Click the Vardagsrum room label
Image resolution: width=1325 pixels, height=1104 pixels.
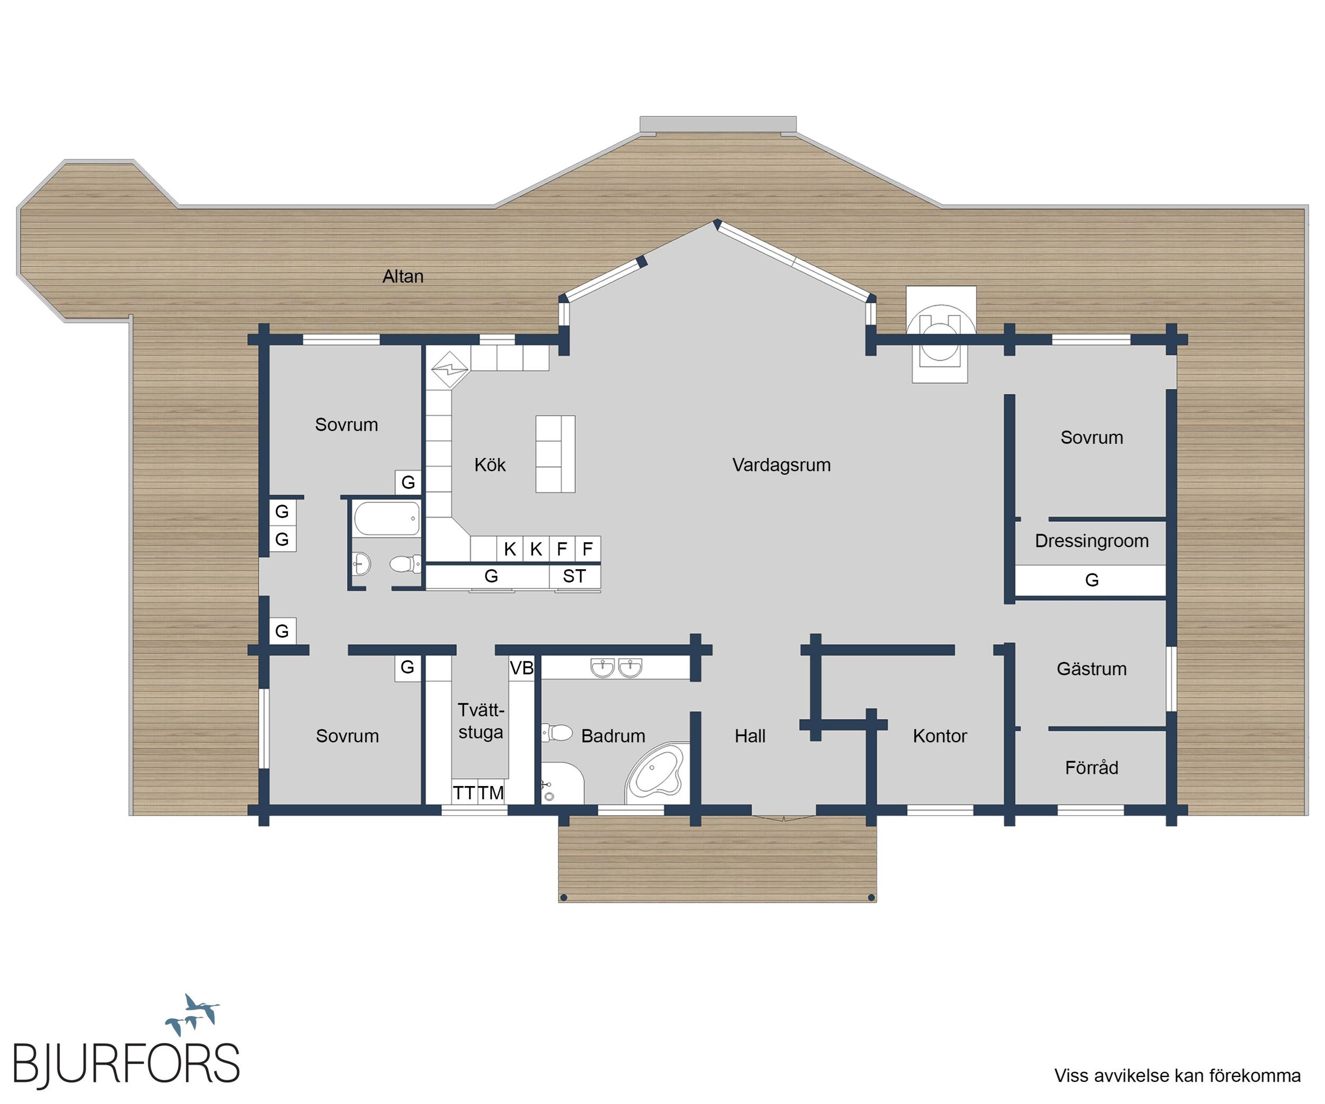[781, 465]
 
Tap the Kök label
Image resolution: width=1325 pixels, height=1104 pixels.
[490, 465]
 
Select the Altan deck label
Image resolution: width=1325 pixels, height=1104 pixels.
[403, 276]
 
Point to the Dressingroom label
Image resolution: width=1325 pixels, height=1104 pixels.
[1092, 541]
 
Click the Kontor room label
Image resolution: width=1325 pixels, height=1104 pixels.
[940, 736]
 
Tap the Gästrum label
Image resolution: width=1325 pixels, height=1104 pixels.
[1092, 669]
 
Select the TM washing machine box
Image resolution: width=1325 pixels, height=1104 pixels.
[491, 792]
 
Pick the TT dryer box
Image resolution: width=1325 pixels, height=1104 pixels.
[464, 792]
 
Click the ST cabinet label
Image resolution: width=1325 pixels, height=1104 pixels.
[574, 576]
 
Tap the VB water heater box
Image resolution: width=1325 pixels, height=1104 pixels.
[522, 668]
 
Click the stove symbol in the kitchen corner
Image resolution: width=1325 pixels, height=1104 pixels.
[449, 369]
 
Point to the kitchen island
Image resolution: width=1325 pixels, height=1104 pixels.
[555, 454]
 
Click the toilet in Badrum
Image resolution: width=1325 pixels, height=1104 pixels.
[556, 733]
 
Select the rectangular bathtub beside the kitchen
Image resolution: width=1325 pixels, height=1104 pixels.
[387, 518]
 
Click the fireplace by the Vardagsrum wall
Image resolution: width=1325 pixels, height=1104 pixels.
[940, 334]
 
